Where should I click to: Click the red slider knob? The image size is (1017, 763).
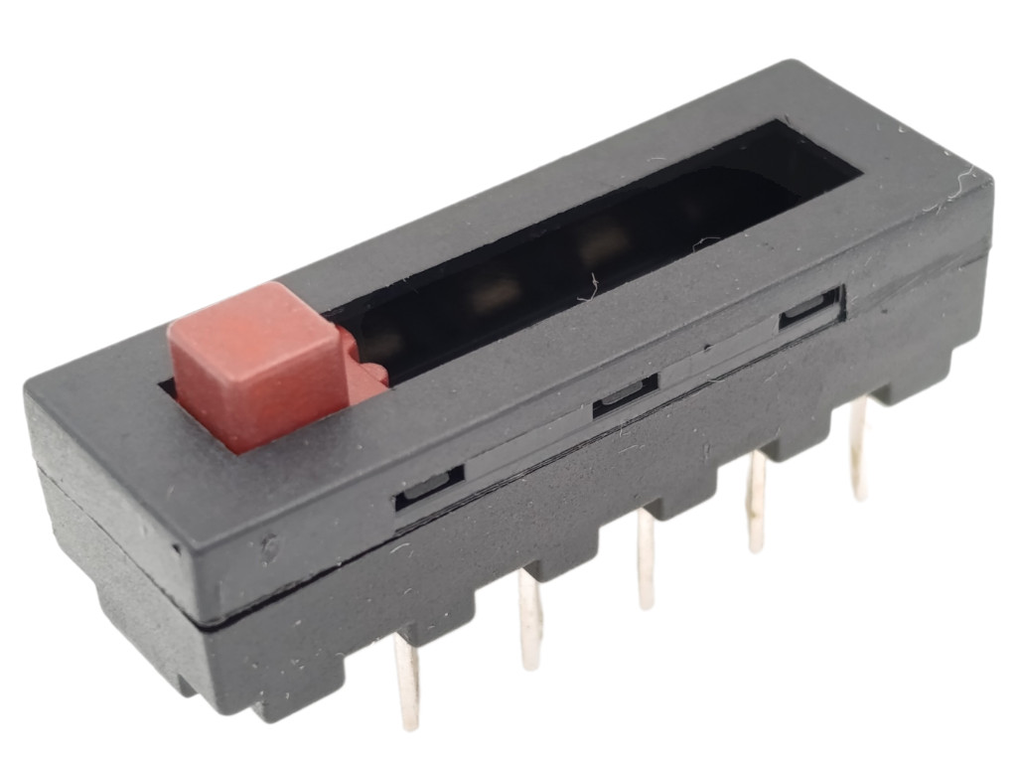(256, 363)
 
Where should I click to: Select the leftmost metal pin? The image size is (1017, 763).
(406, 682)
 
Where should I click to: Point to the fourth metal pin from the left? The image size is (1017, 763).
(757, 502)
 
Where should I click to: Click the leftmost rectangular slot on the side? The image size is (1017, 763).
(429, 487)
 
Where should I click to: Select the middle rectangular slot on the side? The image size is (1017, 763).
(625, 393)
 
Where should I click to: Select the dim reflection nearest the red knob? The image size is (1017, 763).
(386, 342)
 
